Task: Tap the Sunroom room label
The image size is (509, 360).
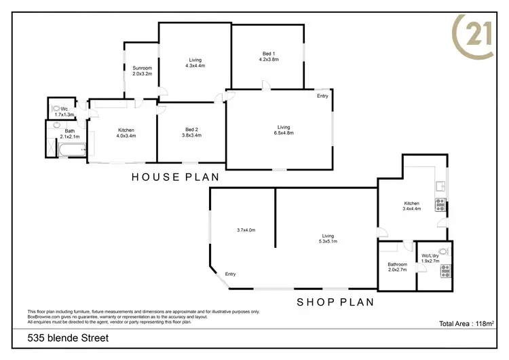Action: (142, 71)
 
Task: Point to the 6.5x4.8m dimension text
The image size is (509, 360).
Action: (284, 133)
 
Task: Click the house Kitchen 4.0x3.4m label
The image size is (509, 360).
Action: (126, 132)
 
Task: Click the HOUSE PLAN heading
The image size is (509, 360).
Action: (175, 177)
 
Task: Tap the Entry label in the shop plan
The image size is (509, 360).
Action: (230, 274)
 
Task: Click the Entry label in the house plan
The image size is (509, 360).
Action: (322, 96)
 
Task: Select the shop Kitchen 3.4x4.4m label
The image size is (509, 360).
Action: (411, 206)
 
